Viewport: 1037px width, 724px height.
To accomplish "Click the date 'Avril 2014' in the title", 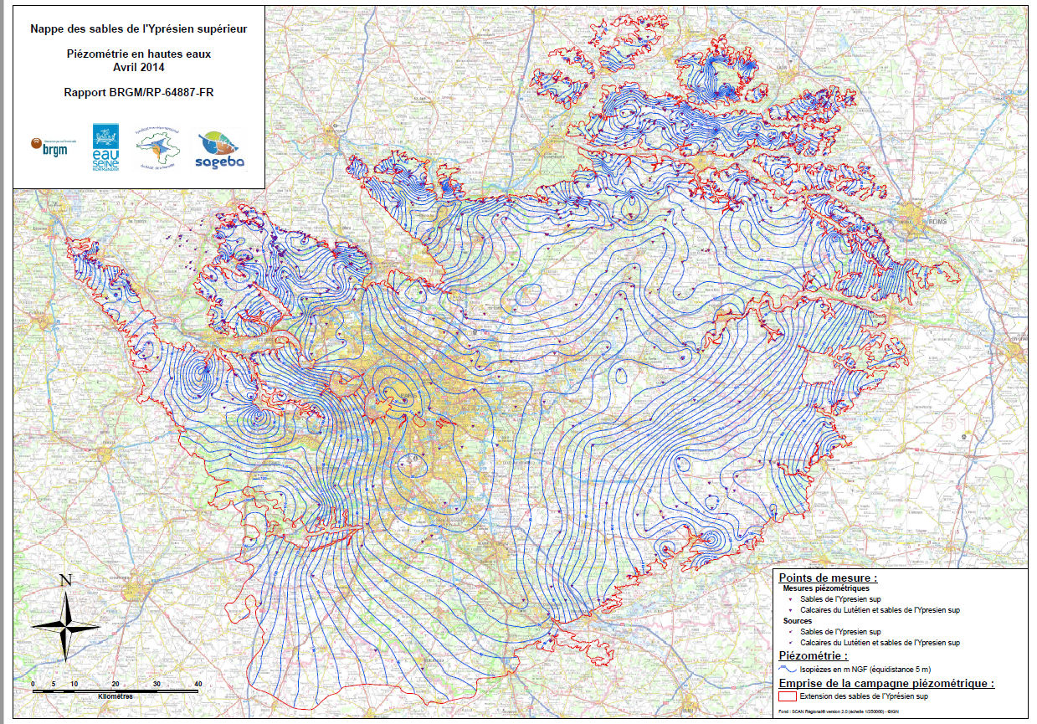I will point(138,67).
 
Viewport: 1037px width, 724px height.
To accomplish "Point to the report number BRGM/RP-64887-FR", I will point(138,92).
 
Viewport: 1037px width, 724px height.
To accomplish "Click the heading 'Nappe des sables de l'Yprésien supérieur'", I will point(138,28).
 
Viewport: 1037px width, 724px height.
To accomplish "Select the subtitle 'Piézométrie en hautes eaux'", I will point(138,54).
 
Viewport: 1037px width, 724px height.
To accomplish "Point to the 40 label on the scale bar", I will point(198,685).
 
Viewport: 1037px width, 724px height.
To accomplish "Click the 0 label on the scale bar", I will point(33,685).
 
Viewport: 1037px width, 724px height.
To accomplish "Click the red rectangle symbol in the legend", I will point(787,696).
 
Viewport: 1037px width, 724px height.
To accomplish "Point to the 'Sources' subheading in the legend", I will point(797,621).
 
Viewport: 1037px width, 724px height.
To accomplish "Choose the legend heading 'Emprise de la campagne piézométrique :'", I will point(886,683).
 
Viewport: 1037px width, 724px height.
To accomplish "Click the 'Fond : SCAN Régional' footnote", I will point(824,712).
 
